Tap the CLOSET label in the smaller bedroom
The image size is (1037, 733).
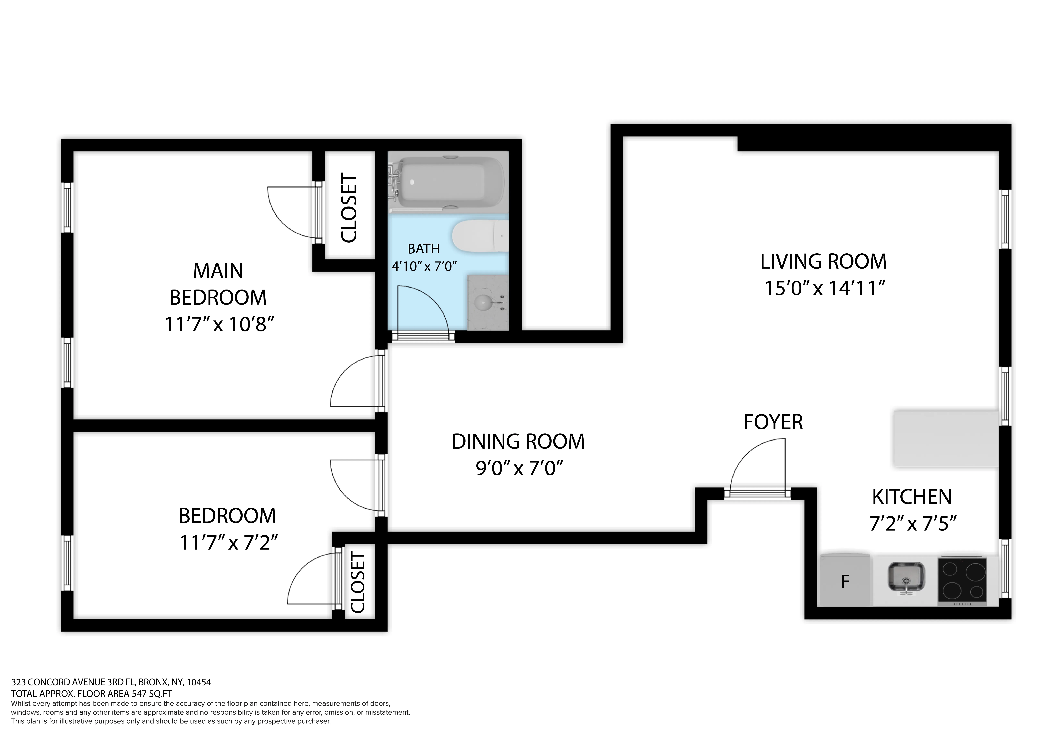358,583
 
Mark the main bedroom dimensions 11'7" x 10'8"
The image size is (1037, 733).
219,324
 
